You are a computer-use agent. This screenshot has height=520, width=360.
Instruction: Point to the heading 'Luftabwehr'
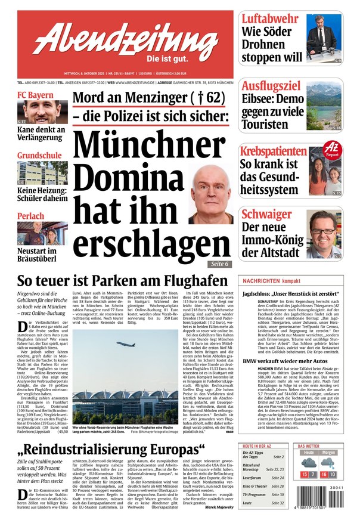269,18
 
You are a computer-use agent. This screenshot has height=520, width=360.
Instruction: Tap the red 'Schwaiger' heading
266,213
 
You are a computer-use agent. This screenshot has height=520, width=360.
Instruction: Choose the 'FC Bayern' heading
35,95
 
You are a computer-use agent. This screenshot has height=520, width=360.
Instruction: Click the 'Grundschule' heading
39,156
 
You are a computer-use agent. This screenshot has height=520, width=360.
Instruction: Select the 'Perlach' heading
30,215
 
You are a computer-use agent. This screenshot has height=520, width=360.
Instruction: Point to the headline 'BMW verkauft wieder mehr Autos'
284,361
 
